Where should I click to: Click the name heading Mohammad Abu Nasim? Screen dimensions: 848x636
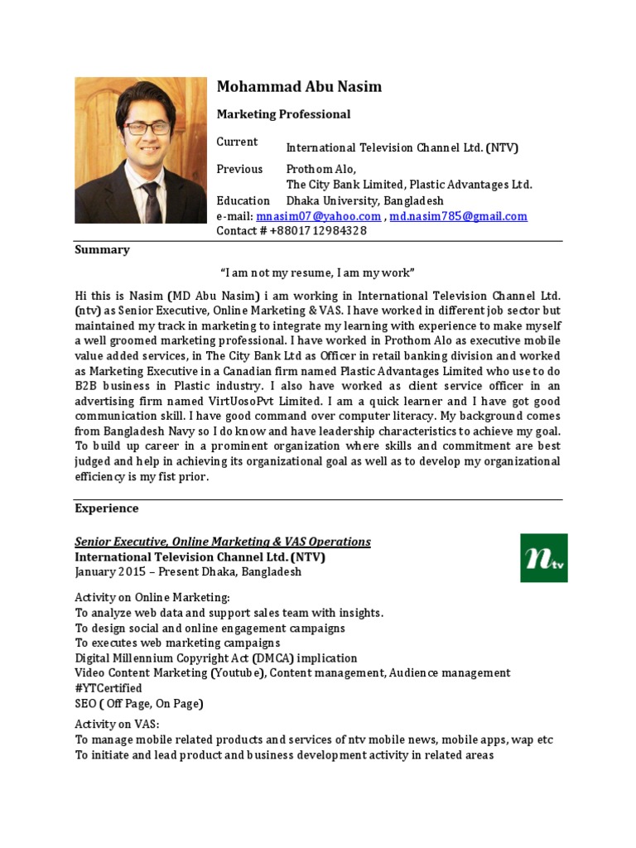(x=299, y=87)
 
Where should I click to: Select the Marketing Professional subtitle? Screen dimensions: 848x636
(x=283, y=114)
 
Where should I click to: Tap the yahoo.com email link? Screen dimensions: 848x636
(x=319, y=216)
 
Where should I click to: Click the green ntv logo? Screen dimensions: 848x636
(x=543, y=557)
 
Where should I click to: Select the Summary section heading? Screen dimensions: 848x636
(x=102, y=249)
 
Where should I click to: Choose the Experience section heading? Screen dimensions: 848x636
(x=107, y=508)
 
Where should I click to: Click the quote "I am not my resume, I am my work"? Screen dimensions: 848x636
(x=317, y=272)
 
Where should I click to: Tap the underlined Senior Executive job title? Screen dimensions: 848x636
(x=223, y=542)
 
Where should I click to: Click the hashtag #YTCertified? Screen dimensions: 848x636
(x=108, y=688)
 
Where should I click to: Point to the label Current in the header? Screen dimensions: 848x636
(x=237, y=142)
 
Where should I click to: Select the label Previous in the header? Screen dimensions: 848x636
(x=239, y=169)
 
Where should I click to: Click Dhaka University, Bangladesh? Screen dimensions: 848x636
(x=364, y=200)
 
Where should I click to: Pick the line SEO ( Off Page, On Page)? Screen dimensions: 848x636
(x=139, y=704)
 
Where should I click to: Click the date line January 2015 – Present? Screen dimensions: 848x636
(x=188, y=572)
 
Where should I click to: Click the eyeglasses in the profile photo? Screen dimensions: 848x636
(x=147, y=128)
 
